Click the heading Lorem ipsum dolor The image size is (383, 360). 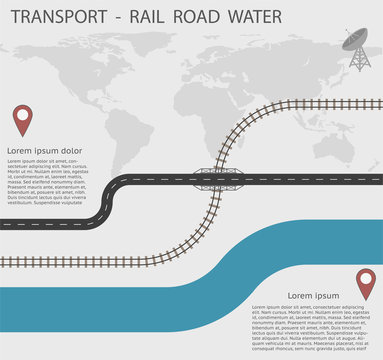coord(45,150)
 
